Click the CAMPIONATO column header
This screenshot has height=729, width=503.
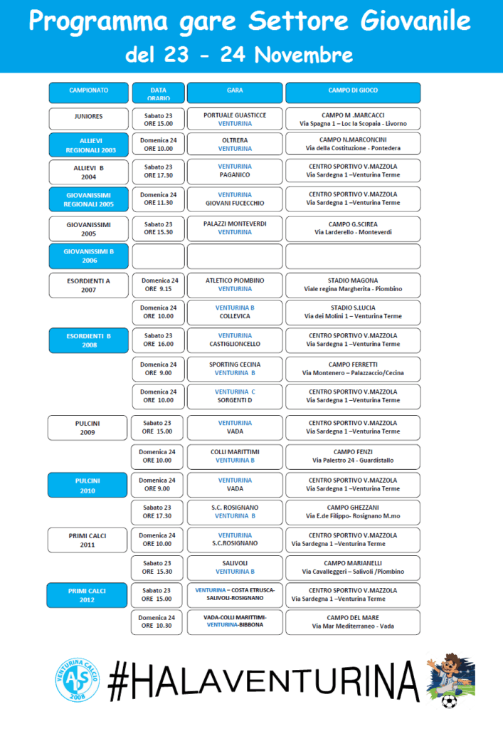point(88,93)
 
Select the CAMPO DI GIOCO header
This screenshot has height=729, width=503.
point(353,93)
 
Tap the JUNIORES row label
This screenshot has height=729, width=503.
point(88,117)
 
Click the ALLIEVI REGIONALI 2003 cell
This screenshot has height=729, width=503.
point(88,145)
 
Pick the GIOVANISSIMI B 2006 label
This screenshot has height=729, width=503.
point(88,256)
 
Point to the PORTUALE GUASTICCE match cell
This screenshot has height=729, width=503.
point(235,118)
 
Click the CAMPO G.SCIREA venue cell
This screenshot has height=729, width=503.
point(353,228)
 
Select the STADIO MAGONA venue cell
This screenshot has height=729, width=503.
point(353,284)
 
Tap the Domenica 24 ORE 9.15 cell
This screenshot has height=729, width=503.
point(159,284)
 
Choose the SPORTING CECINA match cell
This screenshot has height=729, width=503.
point(235,368)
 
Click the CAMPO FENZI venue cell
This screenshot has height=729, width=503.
point(353,456)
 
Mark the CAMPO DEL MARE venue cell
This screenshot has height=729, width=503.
point(353,622)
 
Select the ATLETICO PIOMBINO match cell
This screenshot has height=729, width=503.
point(235,284)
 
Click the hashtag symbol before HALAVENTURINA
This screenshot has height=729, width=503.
point(122,680)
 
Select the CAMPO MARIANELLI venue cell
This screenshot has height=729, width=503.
point(353,567)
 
